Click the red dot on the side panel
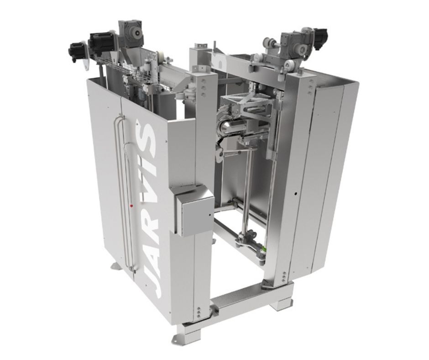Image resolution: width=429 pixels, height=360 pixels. (131, 205)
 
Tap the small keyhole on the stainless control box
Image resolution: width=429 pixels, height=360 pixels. (209, 215)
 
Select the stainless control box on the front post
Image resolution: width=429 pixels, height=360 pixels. (193, 210)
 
